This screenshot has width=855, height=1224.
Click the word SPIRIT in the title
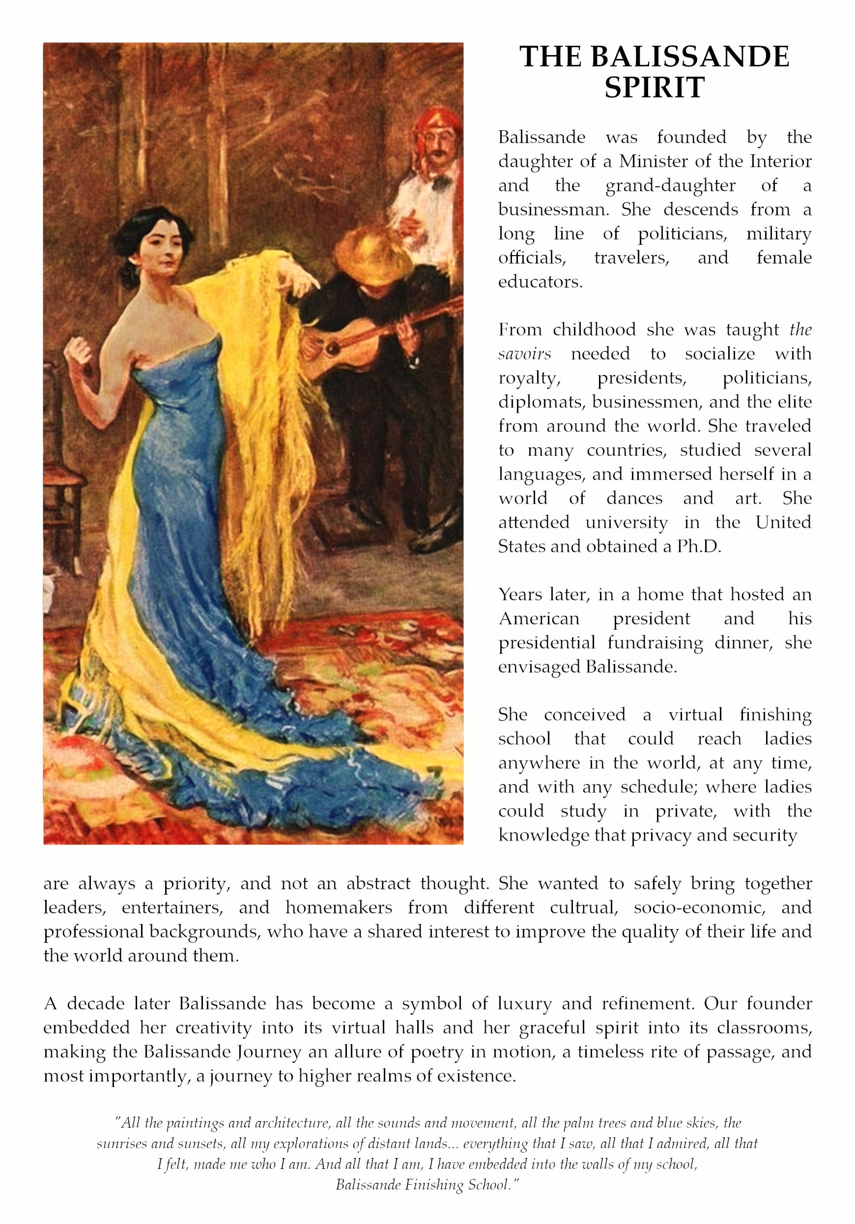pos(654,87)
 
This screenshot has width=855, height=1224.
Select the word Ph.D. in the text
pos(699,547)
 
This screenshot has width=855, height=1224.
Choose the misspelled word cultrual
pos(584,907)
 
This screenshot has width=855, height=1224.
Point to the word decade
pos(95,1004)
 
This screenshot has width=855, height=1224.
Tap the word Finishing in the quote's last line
pos(434,1185)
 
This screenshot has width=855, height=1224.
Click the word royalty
pos(529,378)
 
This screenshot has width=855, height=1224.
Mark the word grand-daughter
pos(670,185)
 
